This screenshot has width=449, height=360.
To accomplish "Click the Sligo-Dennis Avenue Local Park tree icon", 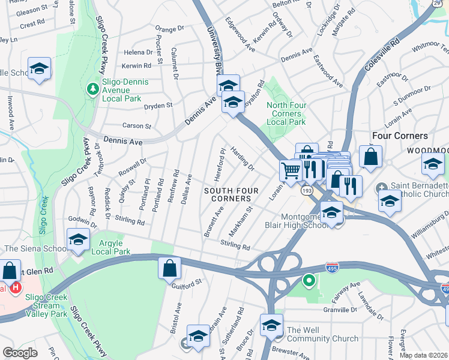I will tap(92, 89).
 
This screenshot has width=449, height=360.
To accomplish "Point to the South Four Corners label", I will tap(231, 194).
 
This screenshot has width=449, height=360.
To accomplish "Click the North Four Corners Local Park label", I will tap(286, 113).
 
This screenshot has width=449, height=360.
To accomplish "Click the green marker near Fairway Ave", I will tap(309, 280).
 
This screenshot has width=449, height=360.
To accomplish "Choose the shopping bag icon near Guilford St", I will tap(170, 268).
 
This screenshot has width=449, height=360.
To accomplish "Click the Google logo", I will tap(20, 353).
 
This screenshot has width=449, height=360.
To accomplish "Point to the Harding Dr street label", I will tap(243, 159).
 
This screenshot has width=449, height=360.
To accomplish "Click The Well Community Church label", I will tap(322, 334).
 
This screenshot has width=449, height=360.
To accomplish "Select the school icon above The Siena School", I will tap(77, 240).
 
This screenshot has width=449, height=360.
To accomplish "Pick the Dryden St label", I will tap(158, 105).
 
